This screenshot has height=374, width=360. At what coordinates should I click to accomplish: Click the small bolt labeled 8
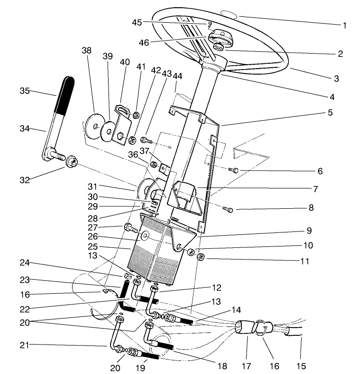coord(229,209)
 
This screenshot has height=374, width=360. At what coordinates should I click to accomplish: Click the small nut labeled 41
coord(137,115)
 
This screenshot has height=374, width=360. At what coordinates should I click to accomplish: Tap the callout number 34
coord(25,129)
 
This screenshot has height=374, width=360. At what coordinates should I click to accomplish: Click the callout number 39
coord(107,57)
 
